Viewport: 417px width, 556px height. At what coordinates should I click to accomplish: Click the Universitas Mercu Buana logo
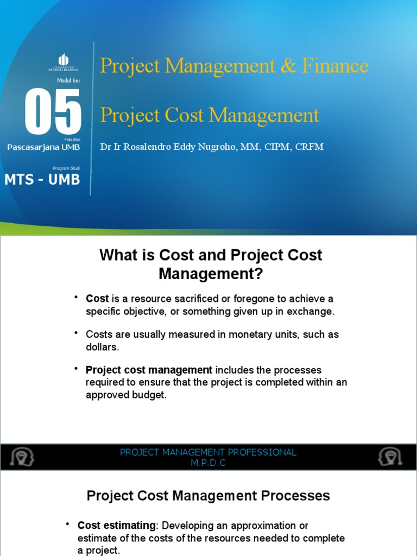tap(63, 63)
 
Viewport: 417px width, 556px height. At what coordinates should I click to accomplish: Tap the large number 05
tap(54, 113)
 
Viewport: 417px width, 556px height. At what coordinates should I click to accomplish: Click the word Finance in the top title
tap(336, 66)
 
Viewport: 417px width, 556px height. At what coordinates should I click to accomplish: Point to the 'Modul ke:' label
tap(68, 81)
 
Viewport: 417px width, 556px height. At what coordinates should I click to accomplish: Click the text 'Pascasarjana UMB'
tap(43, 147)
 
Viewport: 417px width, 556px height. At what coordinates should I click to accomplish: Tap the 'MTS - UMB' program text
tap(42, 180)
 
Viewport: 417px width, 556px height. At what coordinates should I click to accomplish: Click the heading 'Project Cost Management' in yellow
tap(210, 115)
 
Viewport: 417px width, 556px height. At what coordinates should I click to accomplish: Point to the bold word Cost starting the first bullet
tap(97, 299)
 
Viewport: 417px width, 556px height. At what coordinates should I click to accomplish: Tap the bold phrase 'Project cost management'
tap(149, 370)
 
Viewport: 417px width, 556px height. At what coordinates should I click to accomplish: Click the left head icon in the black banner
tap(22, 457)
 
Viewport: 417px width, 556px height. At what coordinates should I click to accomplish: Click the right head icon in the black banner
tap(390, 457)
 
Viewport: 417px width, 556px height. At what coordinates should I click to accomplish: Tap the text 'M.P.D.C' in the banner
tap(208, 463)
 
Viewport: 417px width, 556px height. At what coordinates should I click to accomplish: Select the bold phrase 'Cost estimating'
tap(116, 525)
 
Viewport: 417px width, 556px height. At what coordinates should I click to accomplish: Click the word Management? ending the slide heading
tap(211, 274)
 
